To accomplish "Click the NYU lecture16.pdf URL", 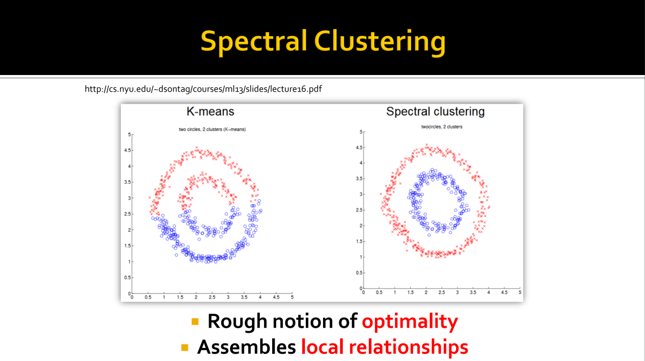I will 203,89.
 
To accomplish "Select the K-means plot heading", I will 210,111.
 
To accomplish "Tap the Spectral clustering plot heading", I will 435,111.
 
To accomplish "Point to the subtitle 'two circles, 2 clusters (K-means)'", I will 212,129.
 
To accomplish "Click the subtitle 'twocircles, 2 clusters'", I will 441,127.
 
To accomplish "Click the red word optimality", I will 410,321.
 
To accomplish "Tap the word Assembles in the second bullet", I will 246,346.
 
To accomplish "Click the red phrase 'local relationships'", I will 384,346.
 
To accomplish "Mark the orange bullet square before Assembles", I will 185,347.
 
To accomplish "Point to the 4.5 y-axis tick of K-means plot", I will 127,150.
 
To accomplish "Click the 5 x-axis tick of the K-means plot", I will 292,298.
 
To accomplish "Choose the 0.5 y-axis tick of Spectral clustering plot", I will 358,272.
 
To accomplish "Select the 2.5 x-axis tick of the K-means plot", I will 212,298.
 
